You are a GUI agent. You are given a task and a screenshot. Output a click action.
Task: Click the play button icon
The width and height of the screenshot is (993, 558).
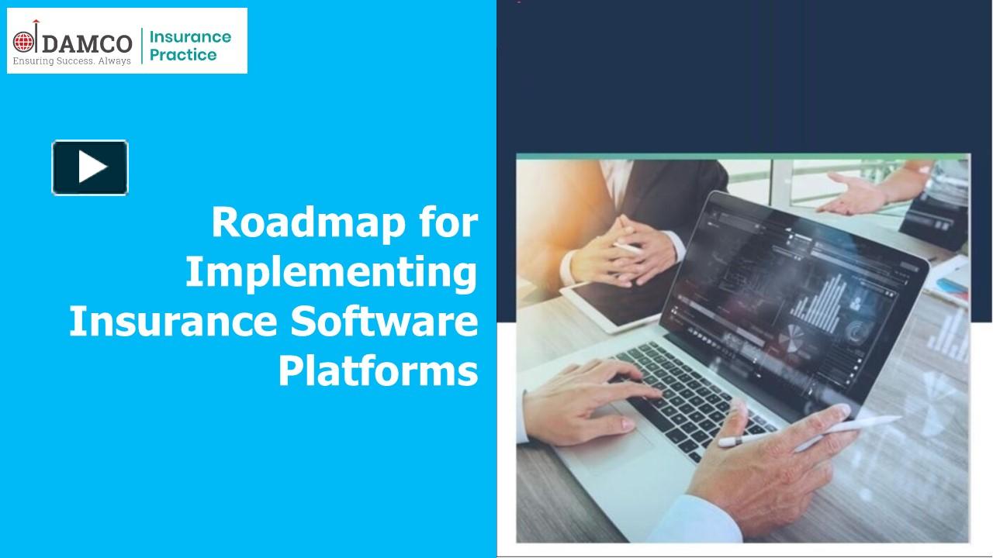point(90,167)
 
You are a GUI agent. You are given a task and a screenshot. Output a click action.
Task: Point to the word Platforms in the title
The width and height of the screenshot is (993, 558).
point(378,372)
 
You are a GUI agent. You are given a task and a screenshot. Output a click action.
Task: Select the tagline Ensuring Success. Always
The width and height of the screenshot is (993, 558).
point(71,60)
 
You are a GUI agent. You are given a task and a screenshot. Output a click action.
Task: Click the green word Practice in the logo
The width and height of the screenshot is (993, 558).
point(183,55)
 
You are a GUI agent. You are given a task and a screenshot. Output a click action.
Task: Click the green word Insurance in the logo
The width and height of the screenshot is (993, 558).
point(190,36)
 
